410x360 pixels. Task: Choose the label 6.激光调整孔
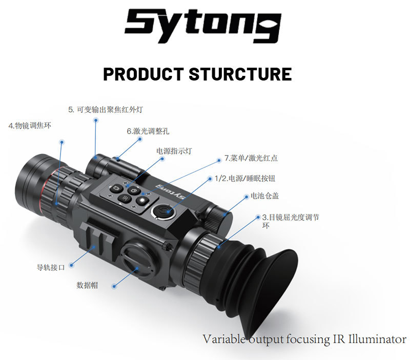click(148, 131)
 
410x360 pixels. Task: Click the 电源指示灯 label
click(174, 151)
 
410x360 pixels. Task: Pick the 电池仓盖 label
click(264, 196)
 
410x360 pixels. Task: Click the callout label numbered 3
click(291, 221)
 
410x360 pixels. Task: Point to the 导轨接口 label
click(51, 267)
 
